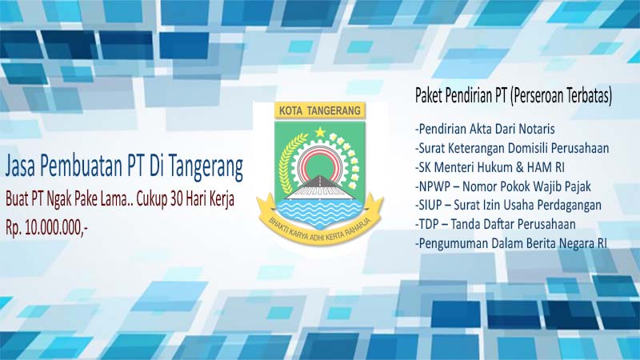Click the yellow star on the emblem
click(320, 132)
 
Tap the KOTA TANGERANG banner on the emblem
click(320, 110)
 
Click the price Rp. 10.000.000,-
click(46, 228)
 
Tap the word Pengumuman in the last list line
click(453, 243)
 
